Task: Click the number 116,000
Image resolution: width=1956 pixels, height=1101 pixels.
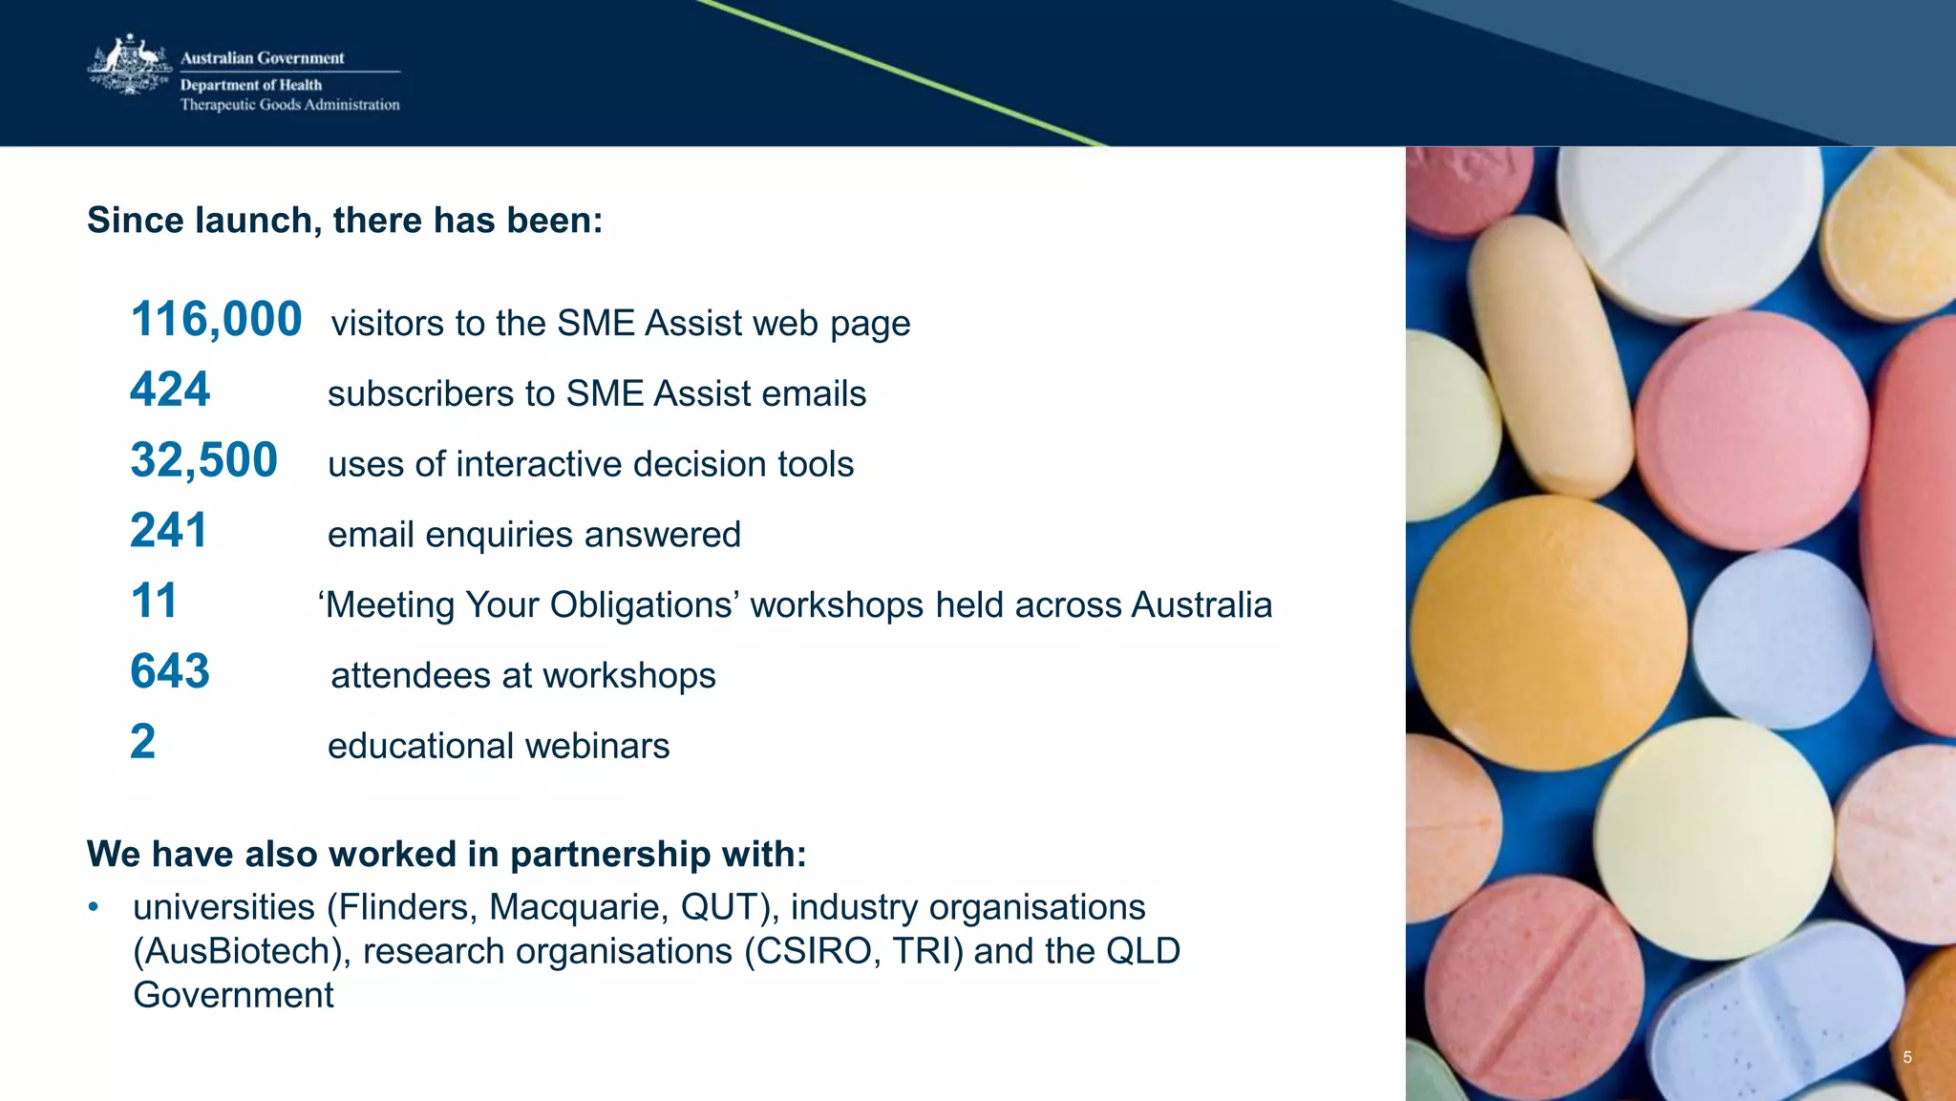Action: point(216,319)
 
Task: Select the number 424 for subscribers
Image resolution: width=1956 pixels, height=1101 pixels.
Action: point(170,390)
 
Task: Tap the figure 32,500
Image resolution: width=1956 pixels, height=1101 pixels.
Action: point(203,460)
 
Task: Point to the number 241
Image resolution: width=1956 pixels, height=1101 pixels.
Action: point(168,531)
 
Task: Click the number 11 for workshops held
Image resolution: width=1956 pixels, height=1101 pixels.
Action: point(154,602)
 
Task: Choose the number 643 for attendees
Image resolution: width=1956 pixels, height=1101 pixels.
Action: point(170,671)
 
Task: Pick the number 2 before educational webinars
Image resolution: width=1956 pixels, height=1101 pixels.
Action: point(142,742)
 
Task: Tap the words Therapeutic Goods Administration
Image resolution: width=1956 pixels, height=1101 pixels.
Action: point(290,105)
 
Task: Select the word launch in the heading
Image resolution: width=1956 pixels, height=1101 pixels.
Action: point(257,221)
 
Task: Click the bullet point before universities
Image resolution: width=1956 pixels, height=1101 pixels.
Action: point(94,906)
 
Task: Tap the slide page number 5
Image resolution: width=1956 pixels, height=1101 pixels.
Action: point(1907,1057)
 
